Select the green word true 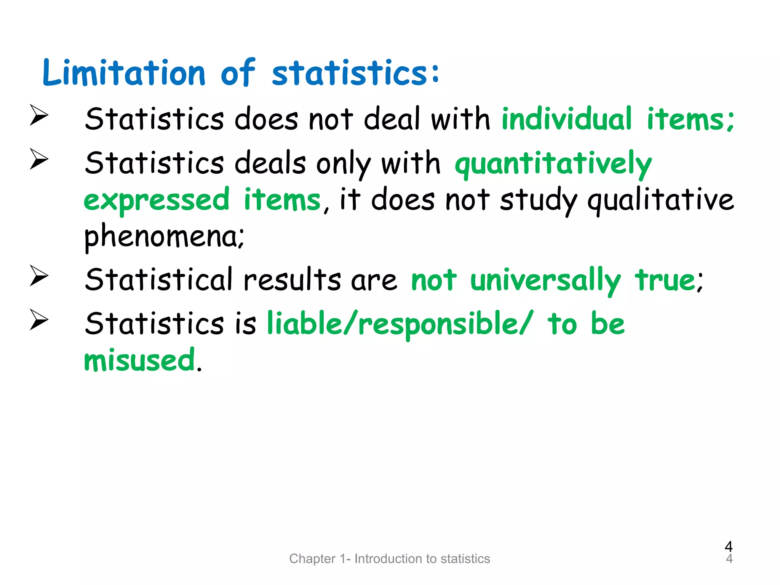(666, 280)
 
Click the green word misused (139, 360)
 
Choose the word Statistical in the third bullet (158, 280)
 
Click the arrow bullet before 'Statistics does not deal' (39, 115)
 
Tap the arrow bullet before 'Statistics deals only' (39, 159)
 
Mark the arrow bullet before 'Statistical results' (39, 276)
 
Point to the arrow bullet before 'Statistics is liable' (39, 320)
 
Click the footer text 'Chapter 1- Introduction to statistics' (390, 558)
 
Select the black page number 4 (729, 547)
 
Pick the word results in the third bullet (292, 280)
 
